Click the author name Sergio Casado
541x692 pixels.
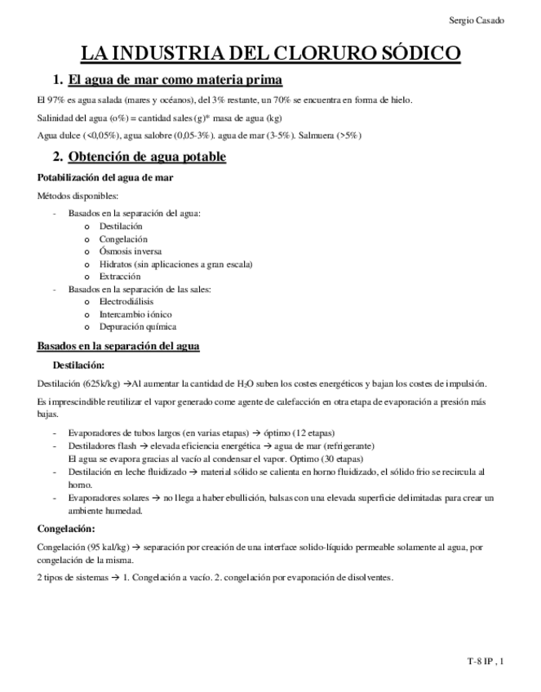[477, 20]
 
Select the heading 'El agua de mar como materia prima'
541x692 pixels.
[175, 80]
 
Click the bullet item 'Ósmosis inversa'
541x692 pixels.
[130, 251]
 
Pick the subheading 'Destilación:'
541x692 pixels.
[78, 365]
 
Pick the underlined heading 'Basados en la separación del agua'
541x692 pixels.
[119, 346]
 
